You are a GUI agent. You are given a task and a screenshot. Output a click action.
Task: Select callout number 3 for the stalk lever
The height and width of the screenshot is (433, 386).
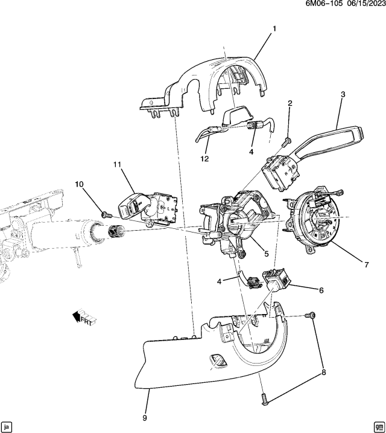(x=343, y=94)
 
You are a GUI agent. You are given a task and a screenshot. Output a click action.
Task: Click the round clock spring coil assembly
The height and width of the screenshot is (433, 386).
(x=316, y=220)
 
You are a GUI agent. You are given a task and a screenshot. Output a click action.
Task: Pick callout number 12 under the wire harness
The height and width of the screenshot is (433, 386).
(x=205, y=158)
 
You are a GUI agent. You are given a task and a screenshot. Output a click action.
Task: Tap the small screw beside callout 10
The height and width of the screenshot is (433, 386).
(x=104, y=213)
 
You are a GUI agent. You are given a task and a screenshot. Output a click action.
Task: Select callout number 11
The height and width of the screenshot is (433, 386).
(x=116, y=164)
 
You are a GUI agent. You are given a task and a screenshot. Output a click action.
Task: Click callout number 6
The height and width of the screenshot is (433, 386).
(x=321, y=290)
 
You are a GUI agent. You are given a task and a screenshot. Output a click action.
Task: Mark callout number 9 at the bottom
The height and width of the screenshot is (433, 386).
(x=145, y=417)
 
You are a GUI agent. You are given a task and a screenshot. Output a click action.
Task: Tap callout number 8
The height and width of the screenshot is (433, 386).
(x=323, y=373)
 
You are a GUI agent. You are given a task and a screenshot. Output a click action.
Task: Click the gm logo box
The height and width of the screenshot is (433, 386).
(x=378, y=425)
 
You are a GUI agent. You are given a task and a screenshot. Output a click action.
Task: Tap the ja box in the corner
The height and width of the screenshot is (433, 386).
(x=7, y=425)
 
